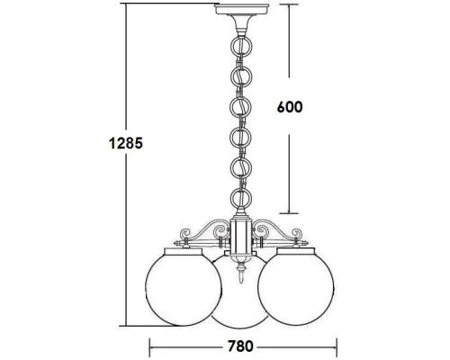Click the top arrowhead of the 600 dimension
click(x=288, y=7)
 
